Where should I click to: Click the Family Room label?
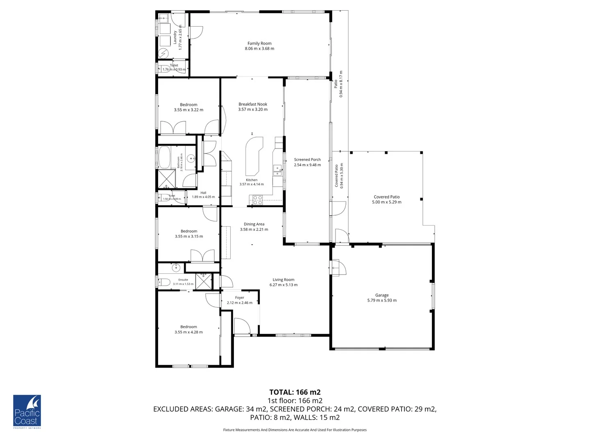tap(259, 43)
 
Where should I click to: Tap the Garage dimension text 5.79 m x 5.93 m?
tap(382, 300)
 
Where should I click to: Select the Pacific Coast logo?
tap(27, 411)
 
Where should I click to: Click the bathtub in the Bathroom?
tap(164, 158)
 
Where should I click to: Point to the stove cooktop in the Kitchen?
tap(257, 200)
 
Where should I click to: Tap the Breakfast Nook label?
tap(253, 104)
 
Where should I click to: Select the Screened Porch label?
tap(307, 160)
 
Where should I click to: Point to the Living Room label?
tap(284, 280)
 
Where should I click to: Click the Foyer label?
tap(240, 298)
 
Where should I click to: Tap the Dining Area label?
tap(254, 224)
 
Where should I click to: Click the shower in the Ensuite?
tap(204, 281)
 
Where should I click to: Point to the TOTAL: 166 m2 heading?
tap(295, 392)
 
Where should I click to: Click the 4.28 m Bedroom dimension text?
tap(188, 332)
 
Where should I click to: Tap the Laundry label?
tap(175, 37)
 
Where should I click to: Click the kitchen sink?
tap(277, 169)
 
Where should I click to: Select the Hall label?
tap(203, 193)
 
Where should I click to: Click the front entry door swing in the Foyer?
tap(242, 326)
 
